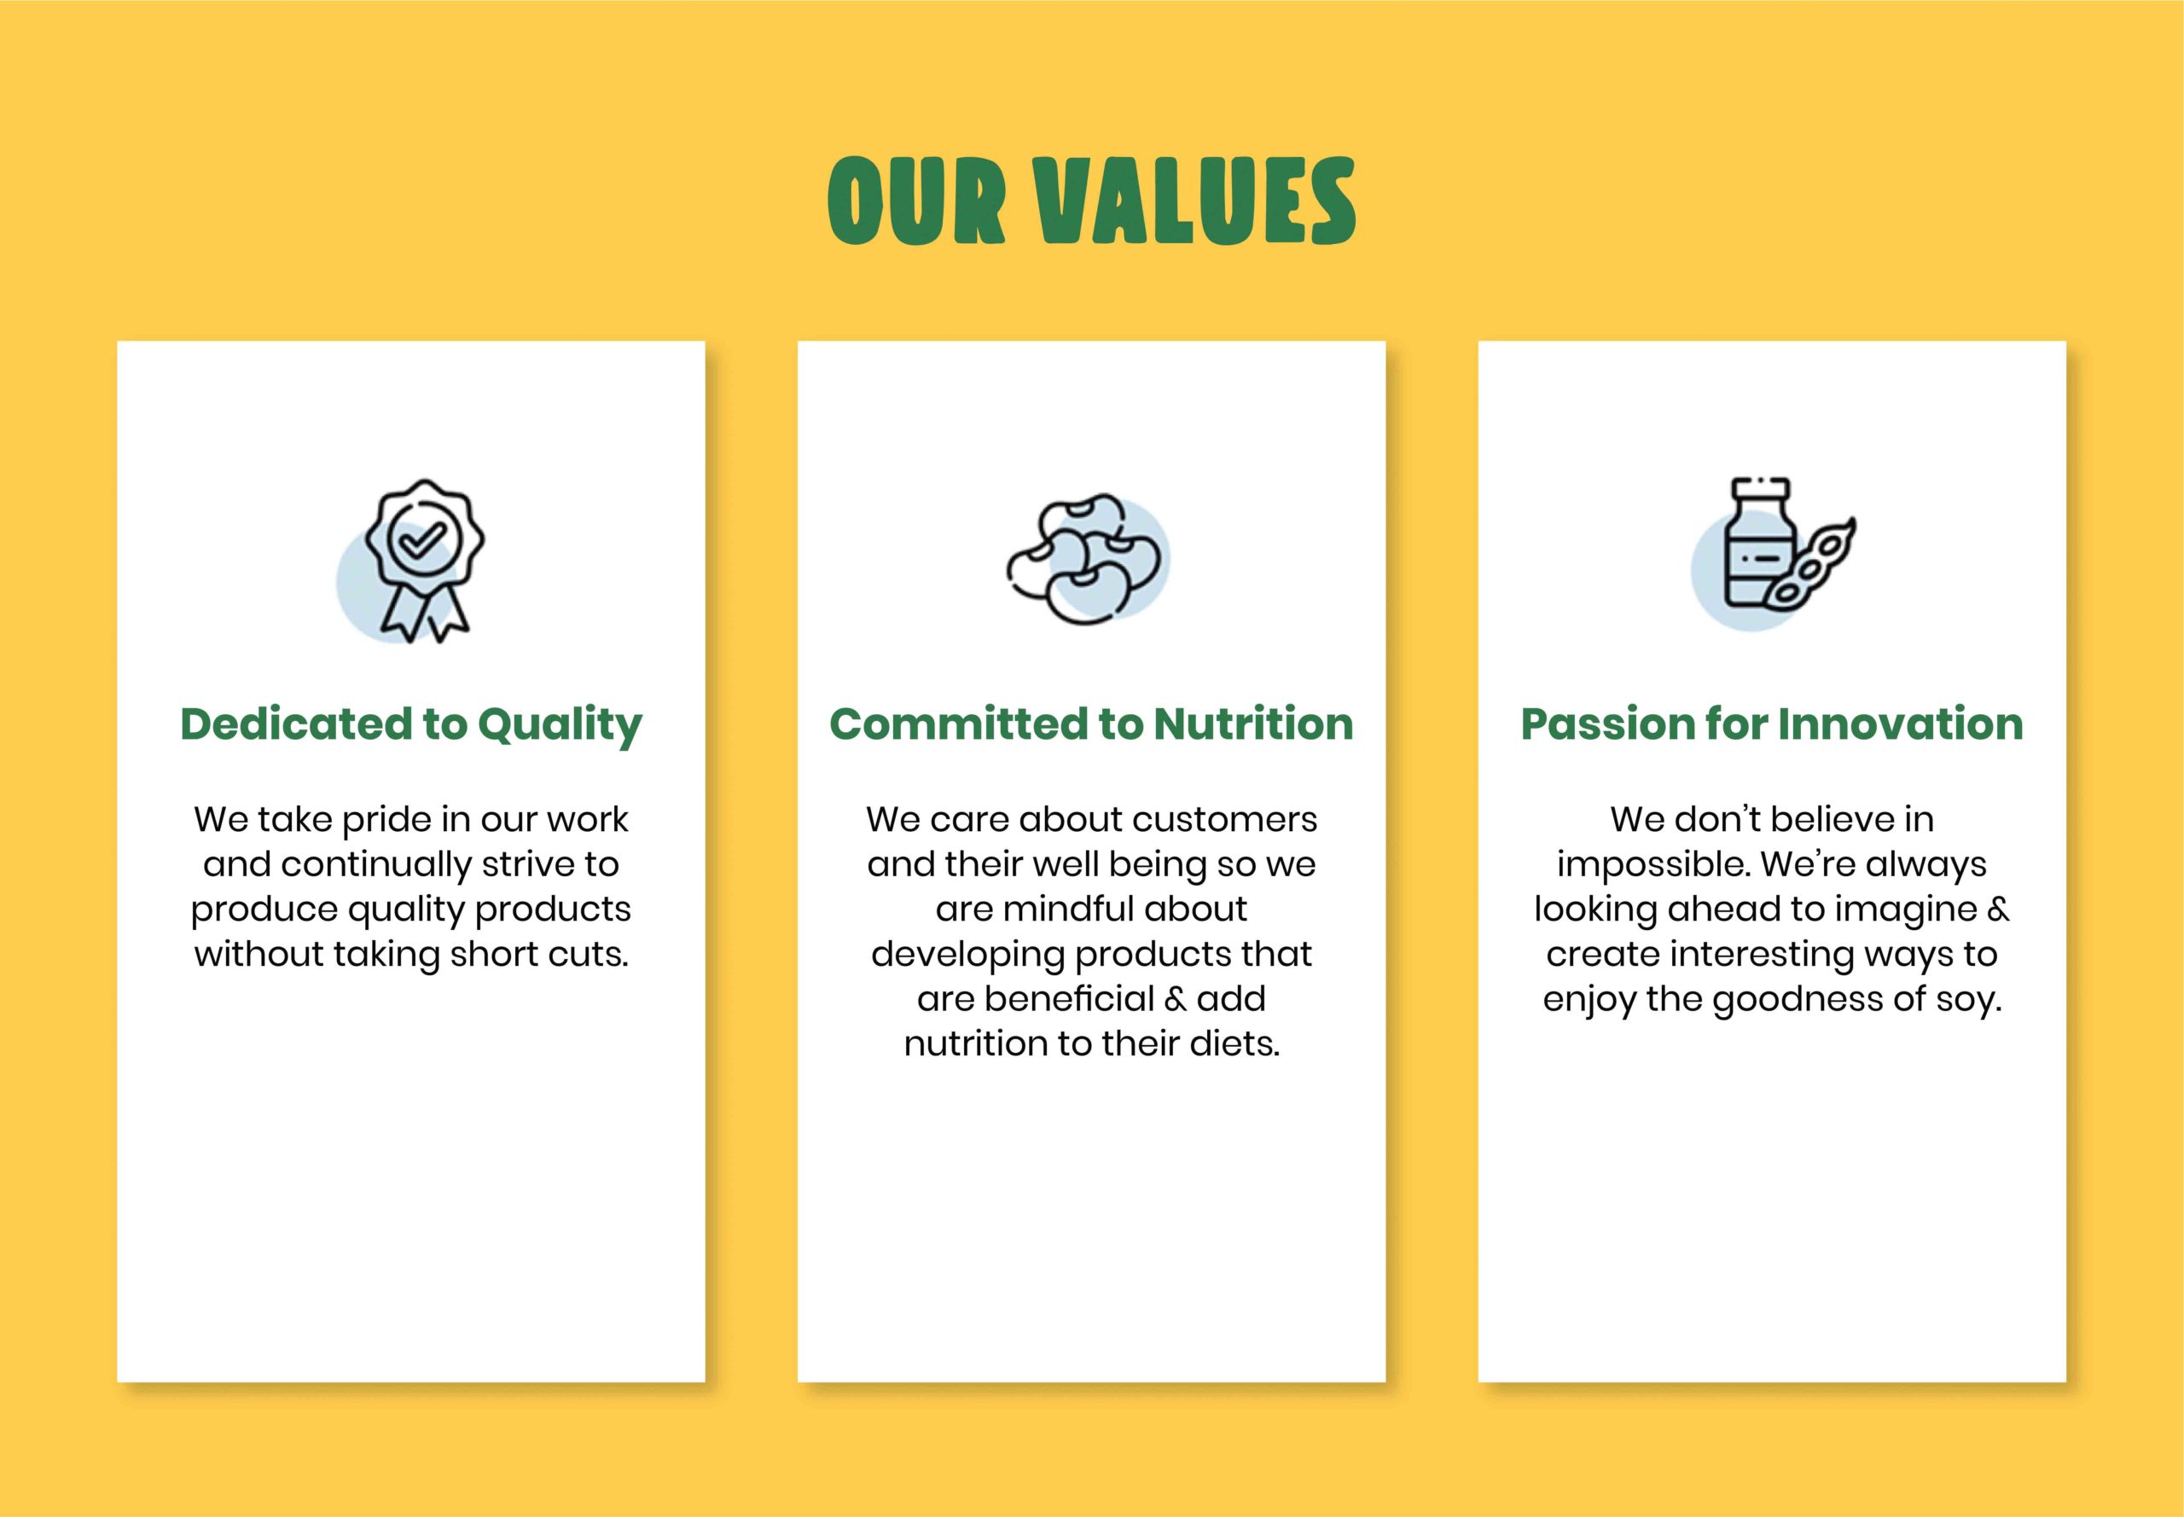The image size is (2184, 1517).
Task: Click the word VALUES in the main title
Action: point(1195,201)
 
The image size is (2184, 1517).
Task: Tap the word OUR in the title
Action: point(916,201)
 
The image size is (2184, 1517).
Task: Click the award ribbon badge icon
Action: point(424,560)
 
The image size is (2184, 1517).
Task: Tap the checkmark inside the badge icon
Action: point(425,542)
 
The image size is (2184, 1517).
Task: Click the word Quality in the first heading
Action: point(560,725)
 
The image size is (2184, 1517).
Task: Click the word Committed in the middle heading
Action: point(959,724)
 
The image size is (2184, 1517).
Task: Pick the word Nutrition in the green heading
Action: point(1253,724)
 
